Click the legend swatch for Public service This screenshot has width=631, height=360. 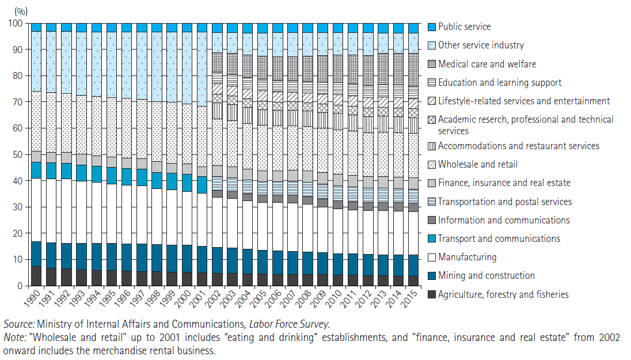(x=431, y=27)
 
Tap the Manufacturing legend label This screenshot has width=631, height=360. (x=467, y=257)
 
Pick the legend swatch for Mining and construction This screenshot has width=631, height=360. (x=431, y=276)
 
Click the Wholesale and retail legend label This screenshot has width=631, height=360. (x=478, y=164)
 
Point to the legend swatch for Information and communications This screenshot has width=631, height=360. (x=431, y=220)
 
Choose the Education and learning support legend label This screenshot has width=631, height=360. (x=499, y=82)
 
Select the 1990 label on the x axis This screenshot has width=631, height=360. (x=32, y=298)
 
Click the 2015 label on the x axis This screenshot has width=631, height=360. (x=409, y=298)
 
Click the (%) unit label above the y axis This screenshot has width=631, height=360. (x=21, y=11)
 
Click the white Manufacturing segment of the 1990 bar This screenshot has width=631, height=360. (x=36, y=210)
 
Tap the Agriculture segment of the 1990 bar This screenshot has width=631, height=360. (x=36, y=276)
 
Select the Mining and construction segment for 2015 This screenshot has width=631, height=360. (x=413, y=266)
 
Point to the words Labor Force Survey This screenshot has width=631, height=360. (x=289, y=324)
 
